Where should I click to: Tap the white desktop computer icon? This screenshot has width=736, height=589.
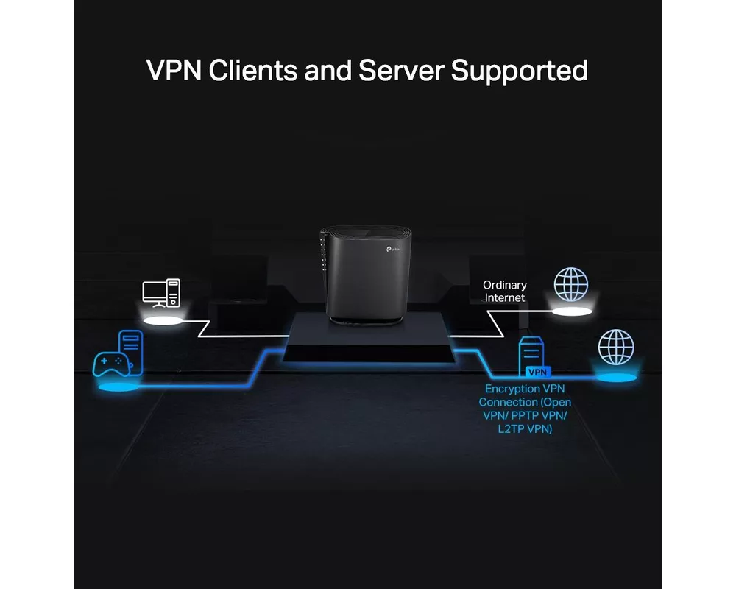click(161, 293)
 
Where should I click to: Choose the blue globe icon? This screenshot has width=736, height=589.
click(616, 348)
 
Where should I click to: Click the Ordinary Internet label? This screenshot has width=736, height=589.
click(505, 291)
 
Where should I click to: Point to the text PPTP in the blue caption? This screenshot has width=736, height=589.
click(531, 416)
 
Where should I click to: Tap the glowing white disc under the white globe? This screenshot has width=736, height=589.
click(573, 312)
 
